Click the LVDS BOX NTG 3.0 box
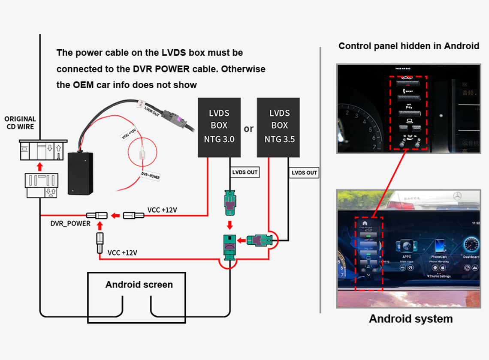click(219, 127)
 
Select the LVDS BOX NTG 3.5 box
click(279, 127)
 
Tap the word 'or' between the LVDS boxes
click(248, 129)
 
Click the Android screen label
click(139, 285)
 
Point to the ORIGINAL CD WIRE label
click(20, 123)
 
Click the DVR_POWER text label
click(70, 223)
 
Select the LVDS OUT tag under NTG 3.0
click(244, 172)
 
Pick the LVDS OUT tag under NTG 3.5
click(304, 173)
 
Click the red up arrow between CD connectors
click(39, 165)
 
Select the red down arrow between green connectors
click(230, 225)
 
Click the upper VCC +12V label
click(162, 210)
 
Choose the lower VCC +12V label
click(122, 252)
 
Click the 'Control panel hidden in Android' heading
click(408, 46)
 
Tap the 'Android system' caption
click(411, 319)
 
